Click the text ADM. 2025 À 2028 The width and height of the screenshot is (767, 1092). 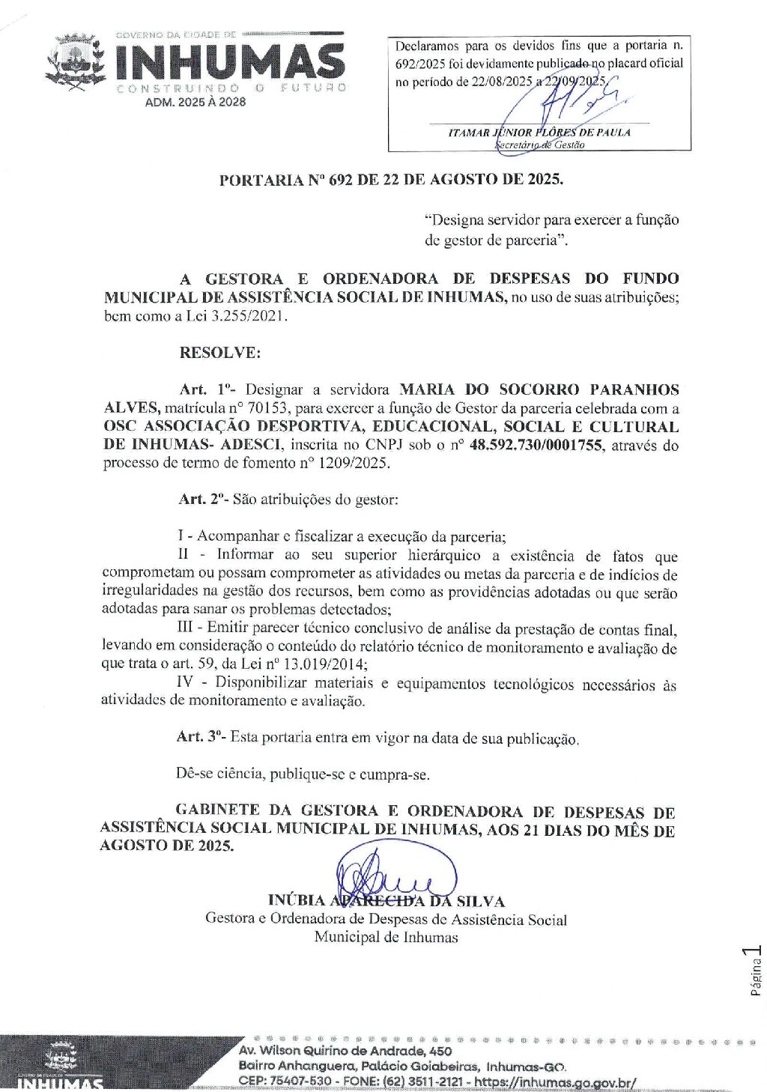[195, 102]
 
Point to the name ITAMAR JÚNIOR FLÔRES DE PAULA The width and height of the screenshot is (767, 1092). [539, 133]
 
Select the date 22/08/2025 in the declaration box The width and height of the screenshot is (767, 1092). [502, 82]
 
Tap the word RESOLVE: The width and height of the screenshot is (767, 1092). [220, 353]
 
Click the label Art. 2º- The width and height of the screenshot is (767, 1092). [204, 500]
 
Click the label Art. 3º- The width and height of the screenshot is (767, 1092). [201, 737]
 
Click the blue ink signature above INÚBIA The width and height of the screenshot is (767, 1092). [397, 870]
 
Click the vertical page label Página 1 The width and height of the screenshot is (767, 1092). [755, 971]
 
